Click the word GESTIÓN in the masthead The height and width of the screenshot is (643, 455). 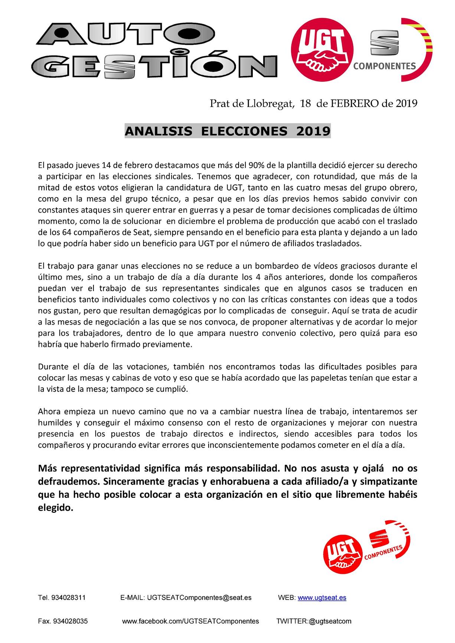point(154,66)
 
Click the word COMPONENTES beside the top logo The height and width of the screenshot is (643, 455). point(384,66)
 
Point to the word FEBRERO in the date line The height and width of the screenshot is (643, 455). point(355,103)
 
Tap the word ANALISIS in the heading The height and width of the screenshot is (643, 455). point(158,131)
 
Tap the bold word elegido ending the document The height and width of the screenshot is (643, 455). point(55,508)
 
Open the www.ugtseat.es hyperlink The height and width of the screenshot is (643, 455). point(322,597)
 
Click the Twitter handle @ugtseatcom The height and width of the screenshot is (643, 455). point(330,621)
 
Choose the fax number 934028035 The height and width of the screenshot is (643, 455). point(71,621)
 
